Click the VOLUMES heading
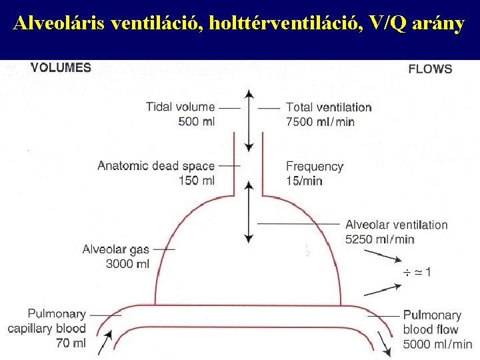click(x=61, y=67)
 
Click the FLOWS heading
click(x=429, y=69)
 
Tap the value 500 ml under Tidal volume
click(x=197, y=121)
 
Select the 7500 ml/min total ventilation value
click(x=320, y=122)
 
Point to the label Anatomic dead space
click(x=156, y=166)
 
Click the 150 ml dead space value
click(x=197, y=181)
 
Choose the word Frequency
click(x=315, y=166)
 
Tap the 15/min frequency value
click(x=304, y=181)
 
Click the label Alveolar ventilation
click(x=396, y=225)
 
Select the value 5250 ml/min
click(x=379, y=239)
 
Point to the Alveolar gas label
click(x=116, y=249)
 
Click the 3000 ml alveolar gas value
click(x=128, y=264)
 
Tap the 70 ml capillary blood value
click(x=71, y=343)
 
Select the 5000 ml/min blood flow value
click(x=437, y=344)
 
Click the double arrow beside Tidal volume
click(x=249, y=119)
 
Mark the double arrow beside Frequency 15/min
click(x=249, y=210)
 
